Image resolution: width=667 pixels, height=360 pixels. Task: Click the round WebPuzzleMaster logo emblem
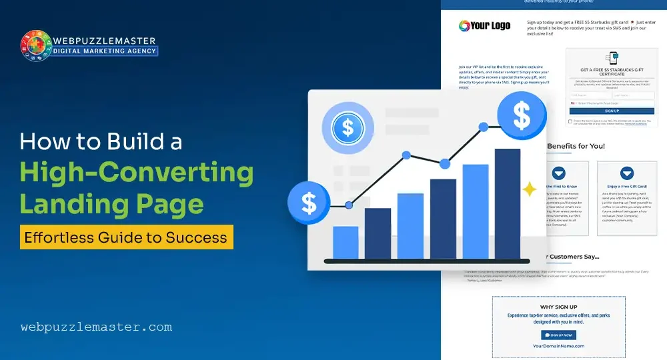click(38, 45)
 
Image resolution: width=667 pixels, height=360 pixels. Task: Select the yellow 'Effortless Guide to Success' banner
click(126, 237)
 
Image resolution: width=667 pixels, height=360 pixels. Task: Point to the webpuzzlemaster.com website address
click(96, 327)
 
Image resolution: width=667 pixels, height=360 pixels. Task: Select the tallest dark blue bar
click(507, 203)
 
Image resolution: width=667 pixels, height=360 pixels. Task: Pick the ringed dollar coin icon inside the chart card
click(347, 127)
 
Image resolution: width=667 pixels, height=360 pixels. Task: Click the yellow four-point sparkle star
click(530, 190)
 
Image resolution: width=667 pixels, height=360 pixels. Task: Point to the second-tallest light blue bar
click(475, 211)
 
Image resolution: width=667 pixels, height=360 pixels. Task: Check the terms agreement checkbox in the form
click(570, 121)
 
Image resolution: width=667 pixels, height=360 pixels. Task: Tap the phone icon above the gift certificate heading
click(611, 59)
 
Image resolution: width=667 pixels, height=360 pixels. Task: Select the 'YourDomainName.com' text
click(558, 346)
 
